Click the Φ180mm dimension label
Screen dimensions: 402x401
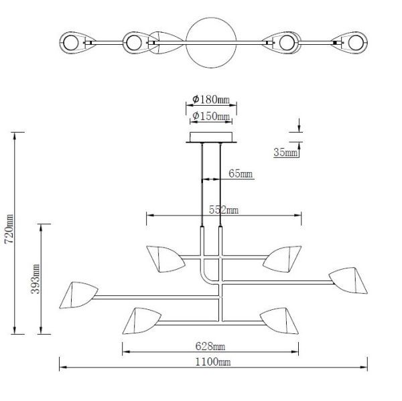pos(211,99)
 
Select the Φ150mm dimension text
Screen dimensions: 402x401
pos(211,116)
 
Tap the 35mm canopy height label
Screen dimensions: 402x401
pos(285,152)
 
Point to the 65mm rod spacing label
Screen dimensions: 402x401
pos(241,173)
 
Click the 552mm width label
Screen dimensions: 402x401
pos(224,210)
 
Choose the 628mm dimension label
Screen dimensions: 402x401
pos(210,346)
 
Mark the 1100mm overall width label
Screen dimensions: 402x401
pos(213,362)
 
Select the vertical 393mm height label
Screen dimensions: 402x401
pos(36,279)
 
